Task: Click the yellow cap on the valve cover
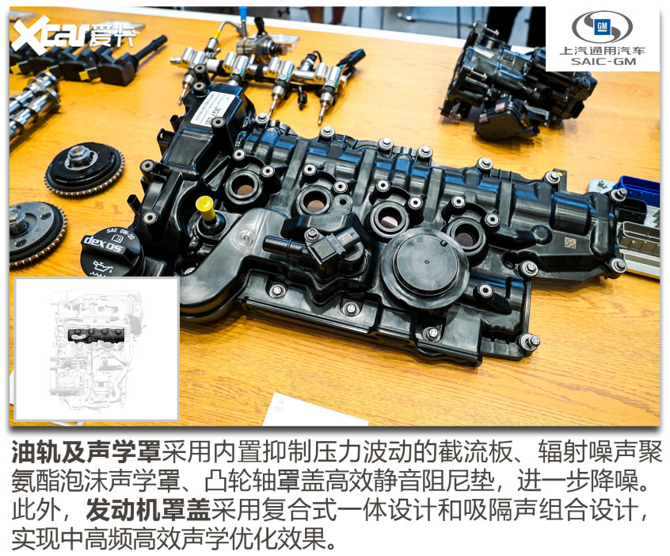[x=206, y=208]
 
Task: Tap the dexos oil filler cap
[x=112, y=253]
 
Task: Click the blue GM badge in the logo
[x=602, y=27]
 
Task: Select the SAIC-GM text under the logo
[x=603, y=61]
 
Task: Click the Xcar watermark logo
[x=73, y=35]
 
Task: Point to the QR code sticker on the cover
[x=570, y=243]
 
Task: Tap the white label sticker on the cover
[x=213, y=109]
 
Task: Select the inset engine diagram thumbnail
[x=97, y=348]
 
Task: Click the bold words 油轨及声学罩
[x=86, y=452]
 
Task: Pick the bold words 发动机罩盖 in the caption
[x=148, y=510]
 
